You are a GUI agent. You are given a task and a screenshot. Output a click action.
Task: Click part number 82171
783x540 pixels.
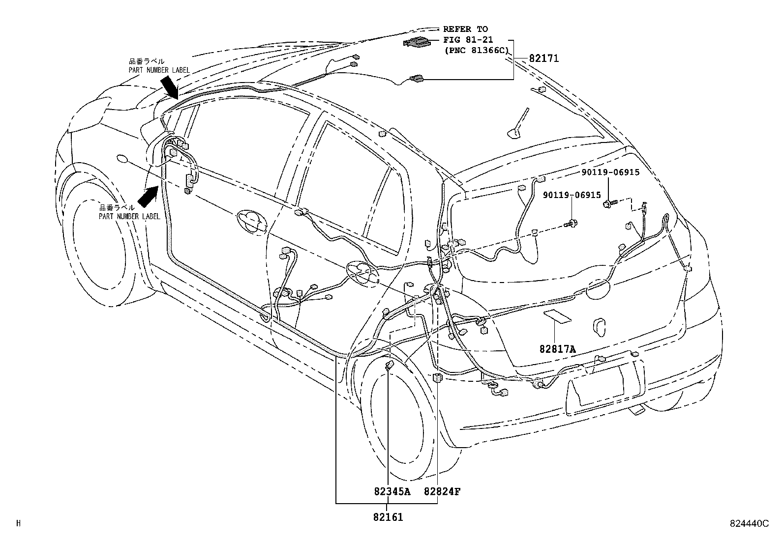click(x=543, y=59)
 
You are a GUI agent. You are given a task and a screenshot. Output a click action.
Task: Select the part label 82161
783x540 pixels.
click(x=388, y=517)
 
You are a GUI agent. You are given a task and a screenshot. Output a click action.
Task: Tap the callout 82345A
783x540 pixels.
click(x=391, y=491)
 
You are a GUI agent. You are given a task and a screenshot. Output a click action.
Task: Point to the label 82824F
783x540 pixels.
click(x=442, y=491)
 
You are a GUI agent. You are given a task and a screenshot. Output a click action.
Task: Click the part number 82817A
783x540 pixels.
click(x=557, y=349)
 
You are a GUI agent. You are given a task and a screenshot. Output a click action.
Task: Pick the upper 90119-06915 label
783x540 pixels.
click(x=610, y=172)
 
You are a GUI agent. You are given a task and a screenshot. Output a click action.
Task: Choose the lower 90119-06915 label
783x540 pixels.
click(x=572, y=195)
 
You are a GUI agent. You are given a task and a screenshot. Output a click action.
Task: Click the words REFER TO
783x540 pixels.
click(x=465, y=29)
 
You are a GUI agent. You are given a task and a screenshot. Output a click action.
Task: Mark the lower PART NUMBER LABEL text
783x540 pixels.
click(x=129, y=216)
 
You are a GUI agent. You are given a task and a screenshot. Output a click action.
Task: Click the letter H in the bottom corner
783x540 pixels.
click(x=18, y=524)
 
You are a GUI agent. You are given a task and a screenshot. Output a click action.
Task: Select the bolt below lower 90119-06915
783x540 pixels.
click(x=572, y=224)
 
